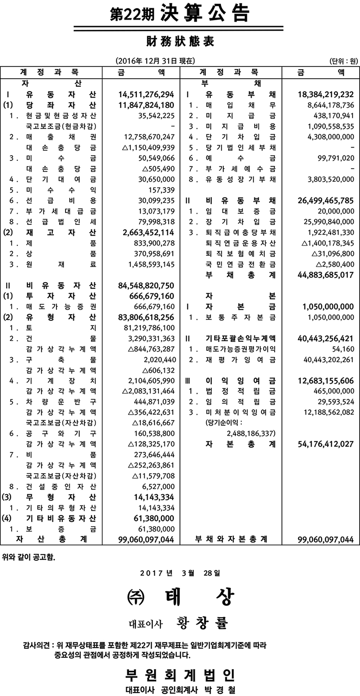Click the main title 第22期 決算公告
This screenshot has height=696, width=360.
pos(180,14)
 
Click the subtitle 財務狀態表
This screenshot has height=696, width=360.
pos(180,42)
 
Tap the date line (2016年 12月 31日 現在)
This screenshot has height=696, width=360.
pos(156,61)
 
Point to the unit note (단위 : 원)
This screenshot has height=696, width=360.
pos(343,61)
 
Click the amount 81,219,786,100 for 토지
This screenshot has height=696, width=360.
pos(145,328)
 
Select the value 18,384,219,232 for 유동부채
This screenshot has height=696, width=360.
pos(323,94)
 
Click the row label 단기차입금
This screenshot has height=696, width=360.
pos(238,137)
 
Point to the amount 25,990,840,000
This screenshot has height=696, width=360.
pos(328,221)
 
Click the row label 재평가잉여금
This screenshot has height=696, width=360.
pos(238,360)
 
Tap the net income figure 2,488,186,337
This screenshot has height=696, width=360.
pos(251,433)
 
